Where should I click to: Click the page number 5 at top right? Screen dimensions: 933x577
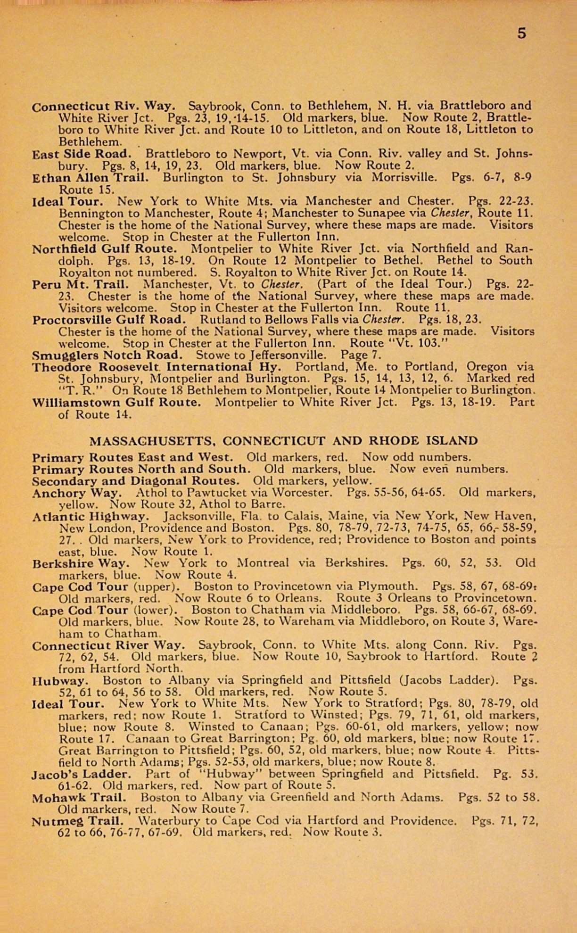pos(521,33)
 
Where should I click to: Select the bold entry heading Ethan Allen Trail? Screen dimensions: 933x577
pos(90,178)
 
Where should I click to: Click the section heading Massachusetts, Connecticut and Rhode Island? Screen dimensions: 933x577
pos(283,441)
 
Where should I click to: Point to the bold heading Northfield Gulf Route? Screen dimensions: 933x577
pos(104,248)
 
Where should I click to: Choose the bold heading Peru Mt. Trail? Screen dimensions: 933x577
pos(80,284)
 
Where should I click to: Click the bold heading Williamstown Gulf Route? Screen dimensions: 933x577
pos(116,403)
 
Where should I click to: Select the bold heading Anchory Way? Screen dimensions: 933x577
pos(77,493)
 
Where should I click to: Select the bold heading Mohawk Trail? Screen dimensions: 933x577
pos(79,798)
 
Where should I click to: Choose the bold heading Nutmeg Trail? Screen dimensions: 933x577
pos(77,821)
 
